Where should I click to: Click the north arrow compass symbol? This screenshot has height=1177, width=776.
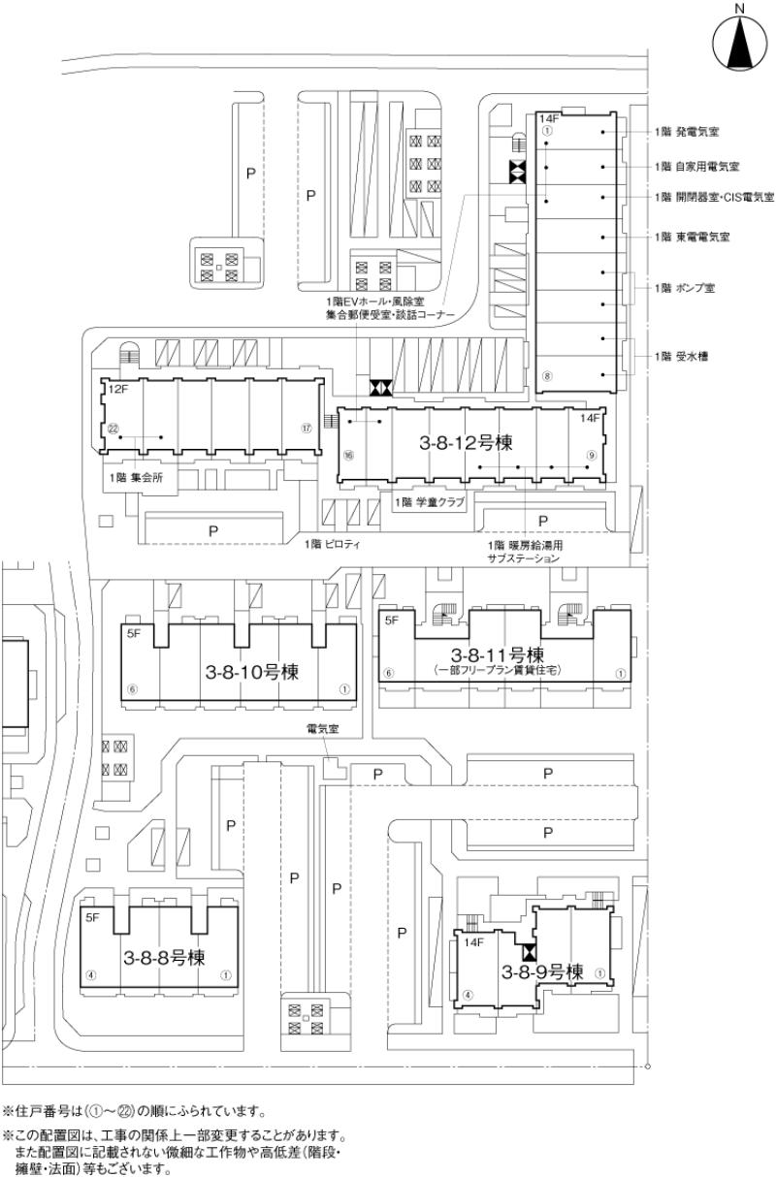pos(739,45)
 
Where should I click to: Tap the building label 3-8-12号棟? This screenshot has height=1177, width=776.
pos(466,442)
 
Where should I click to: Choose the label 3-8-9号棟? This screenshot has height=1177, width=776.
pos(541,970)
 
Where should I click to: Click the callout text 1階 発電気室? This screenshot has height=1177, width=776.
pos(691,131)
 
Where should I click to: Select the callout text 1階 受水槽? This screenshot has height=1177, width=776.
pos(682,357)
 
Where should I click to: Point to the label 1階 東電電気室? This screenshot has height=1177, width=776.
pos(693,237)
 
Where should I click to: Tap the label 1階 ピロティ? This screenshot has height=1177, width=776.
pos(332,545)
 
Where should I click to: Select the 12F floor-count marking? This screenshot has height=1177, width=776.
pos(118,390)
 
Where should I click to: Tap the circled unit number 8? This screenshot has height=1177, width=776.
pos(547,376)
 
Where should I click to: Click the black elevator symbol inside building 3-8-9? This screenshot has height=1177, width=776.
pos(530,953)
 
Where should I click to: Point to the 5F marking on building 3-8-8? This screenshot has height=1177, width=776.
pos(93,916)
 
